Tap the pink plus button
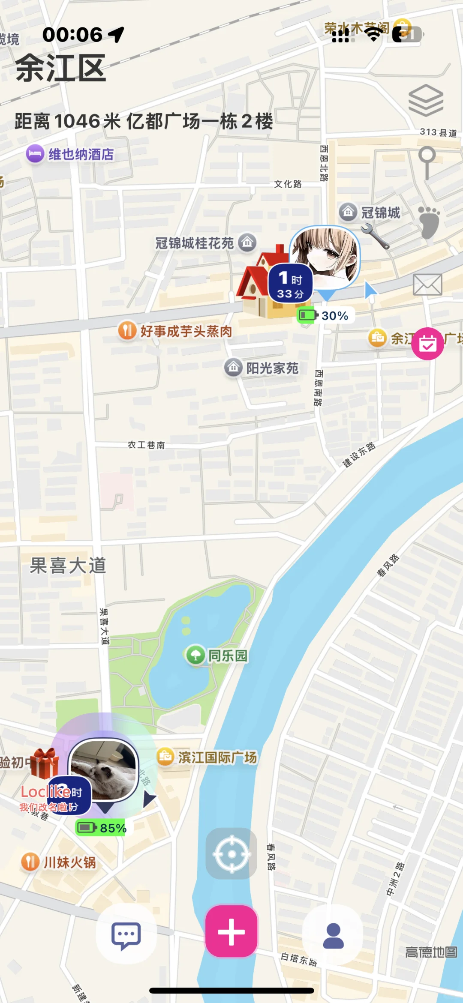coord(231,931)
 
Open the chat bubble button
coord(126,935)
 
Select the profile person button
coord(333,935)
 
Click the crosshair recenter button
coord(231,854)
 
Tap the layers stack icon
coord(426,100)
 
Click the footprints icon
coord(429,222)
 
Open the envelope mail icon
coord(427,284)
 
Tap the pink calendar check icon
coord(427,343)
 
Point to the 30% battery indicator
coord(326,316)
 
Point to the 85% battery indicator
coord(102,828)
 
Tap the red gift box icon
coord(44,763)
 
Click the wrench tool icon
coord(375,236)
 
